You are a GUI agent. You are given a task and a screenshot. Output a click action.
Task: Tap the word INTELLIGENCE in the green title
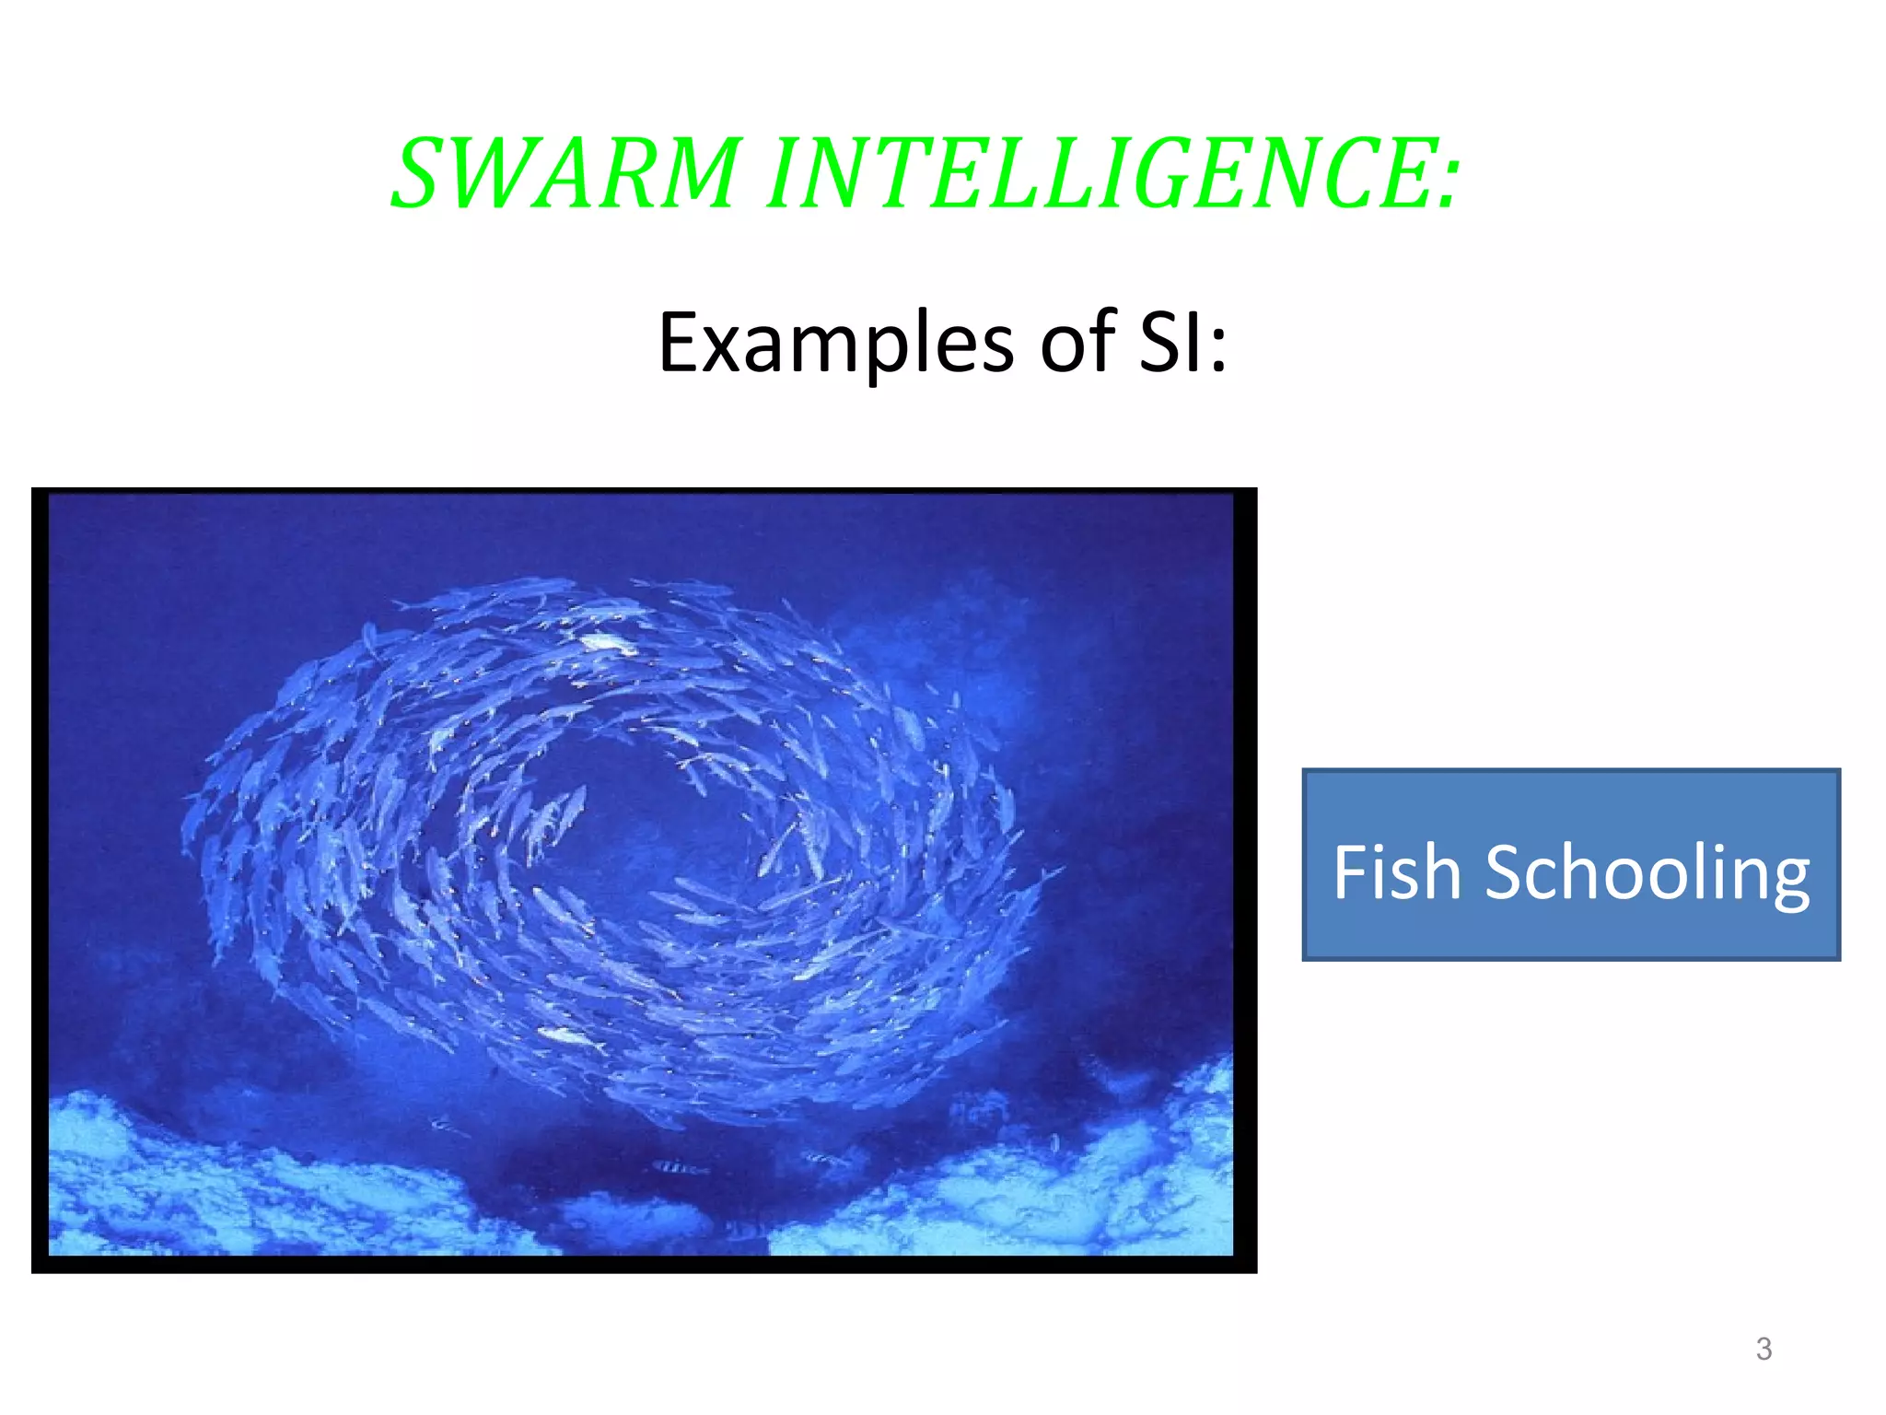(x=1100, y=173)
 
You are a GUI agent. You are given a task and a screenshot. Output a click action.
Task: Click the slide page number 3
(x=1764, y=1349)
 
